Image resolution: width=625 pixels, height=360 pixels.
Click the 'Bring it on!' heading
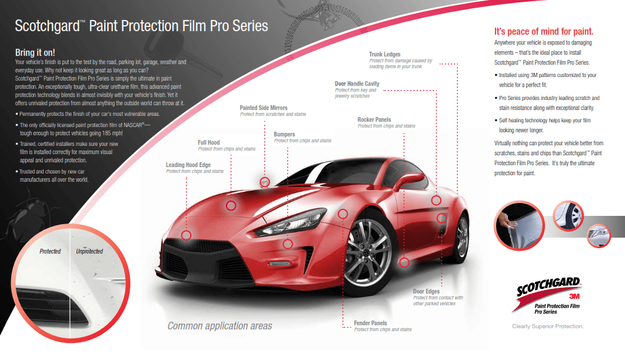pos(35,53)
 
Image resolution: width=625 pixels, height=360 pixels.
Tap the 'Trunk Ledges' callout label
pos(384,55)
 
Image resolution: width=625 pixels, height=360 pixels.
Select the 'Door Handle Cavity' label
pos(357,84)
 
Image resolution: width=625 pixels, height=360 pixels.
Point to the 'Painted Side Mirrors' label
pos(264,108)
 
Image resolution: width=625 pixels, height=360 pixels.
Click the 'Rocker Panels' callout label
pos(374,120)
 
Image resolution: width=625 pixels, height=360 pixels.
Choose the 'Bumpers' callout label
pos(284,135)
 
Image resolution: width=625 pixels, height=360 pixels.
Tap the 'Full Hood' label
pos(209,142)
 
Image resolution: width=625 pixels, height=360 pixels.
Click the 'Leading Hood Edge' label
pos(188,165)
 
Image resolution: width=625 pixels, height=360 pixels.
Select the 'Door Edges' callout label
pos(426,291)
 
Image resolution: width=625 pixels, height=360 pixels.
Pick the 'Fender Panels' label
pos(370,323)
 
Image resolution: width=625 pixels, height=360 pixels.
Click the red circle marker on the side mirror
pos(265,182)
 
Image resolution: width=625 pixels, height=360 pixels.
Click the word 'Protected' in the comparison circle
pos(50,251)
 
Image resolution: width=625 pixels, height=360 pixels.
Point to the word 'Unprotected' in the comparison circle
pos(89,251)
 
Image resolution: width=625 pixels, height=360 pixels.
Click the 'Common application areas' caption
pos(220,326)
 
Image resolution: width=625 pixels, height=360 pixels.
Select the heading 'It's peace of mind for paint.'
pos(543,32)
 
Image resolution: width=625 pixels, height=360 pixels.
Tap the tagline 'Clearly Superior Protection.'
pos(548,326)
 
